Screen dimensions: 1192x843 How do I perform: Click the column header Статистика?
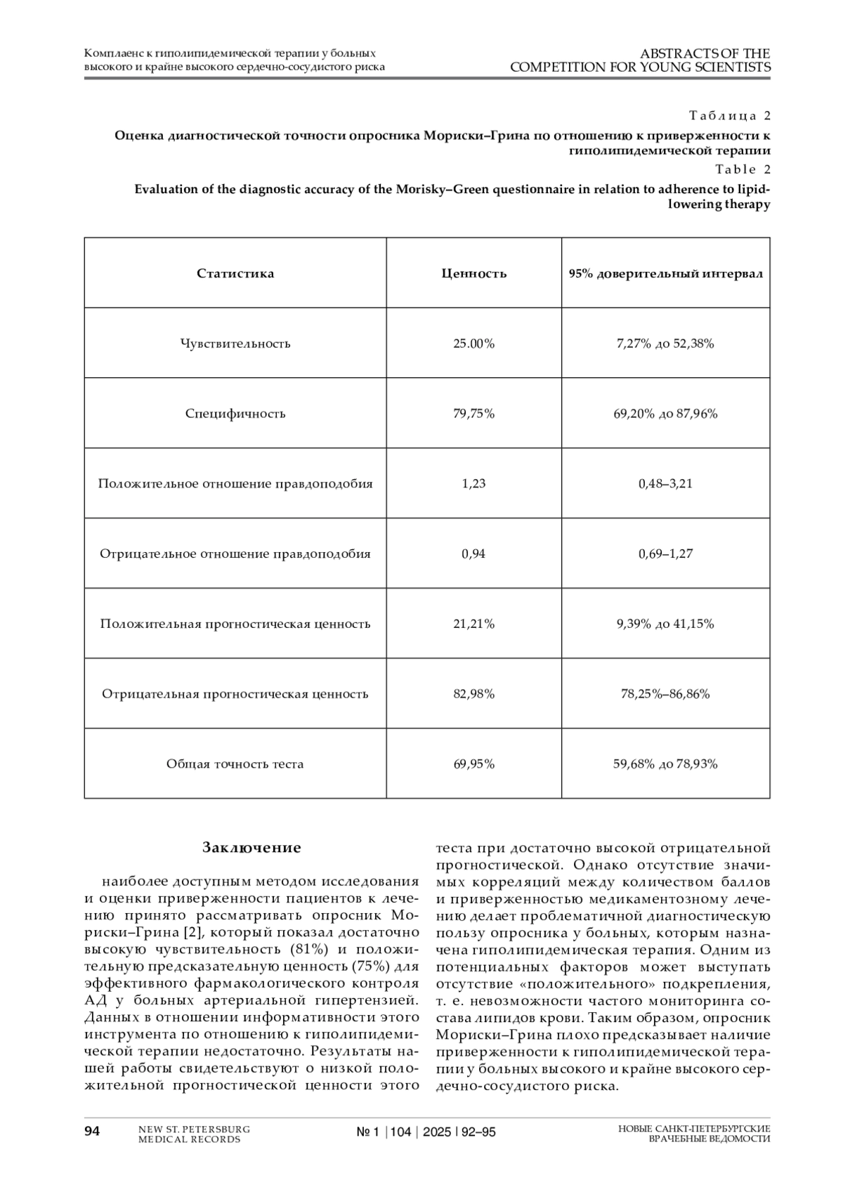(235, 273)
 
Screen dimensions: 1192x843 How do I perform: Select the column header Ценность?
(473, 273)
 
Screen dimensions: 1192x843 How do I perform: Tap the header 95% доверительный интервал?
(665, 273)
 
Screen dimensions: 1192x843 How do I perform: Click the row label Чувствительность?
(235, 343)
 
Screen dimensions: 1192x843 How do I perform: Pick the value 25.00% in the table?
(473, 343)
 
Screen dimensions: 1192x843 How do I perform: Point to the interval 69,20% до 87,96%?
(665, 414)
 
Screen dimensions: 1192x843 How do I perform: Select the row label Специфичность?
(235, 414)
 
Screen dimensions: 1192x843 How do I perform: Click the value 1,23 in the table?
(473, 484)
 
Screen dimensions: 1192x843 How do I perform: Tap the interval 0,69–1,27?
(665, 554)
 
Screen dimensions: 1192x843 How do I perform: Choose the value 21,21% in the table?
(473, 624)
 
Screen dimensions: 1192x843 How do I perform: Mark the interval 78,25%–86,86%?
(665, 694)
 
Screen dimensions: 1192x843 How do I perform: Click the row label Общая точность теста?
(235, 764)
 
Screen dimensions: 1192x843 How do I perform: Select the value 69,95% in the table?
(473, 764)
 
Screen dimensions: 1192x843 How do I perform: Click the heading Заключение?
(251, 848)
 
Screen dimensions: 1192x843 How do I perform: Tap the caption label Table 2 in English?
(743, 169)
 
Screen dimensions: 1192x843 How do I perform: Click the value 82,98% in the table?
(473, 694)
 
